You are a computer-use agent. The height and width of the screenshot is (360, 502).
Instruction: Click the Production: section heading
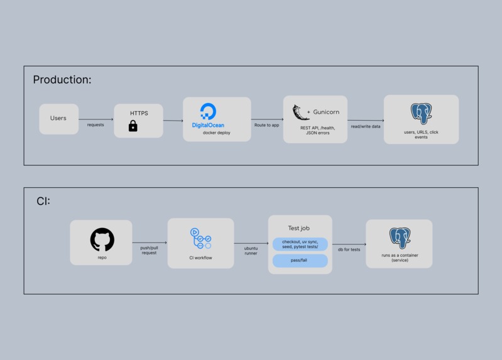[62, 80]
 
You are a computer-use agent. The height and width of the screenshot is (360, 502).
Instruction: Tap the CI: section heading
[43, 201]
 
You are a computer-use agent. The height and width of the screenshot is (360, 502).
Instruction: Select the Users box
[59, 119]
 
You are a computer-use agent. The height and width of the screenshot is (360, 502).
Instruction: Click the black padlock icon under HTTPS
[133, 126]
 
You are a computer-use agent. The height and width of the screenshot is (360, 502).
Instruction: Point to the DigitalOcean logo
[208, 116]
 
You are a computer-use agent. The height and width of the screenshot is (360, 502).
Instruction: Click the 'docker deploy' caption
[216, 133]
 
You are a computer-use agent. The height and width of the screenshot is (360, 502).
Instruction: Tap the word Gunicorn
[326, 112]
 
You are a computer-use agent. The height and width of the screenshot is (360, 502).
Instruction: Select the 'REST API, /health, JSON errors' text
[317, 130]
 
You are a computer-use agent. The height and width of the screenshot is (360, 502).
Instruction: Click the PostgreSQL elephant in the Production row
[422, 113]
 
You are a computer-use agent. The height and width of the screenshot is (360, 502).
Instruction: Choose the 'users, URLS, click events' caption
[421, 134]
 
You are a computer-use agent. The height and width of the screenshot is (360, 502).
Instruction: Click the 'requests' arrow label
[95, 125]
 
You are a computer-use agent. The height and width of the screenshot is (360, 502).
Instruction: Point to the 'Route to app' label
[266, 125]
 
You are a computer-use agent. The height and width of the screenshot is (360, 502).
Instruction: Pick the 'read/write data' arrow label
[366, 126]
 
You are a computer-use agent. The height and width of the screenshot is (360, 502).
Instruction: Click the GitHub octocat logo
[102, 239]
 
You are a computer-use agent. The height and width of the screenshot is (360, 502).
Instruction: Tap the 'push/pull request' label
[149, 250]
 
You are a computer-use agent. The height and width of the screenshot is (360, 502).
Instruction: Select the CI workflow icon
[200, 238]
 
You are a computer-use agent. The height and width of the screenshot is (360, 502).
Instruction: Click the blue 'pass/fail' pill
[300, 260]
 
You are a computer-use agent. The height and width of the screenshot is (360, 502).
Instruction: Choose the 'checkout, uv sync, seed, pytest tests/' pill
[300, 244]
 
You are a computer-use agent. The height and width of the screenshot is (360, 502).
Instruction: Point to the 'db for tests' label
[349, 249]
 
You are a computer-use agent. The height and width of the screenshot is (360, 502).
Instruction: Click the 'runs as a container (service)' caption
[400, 258]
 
